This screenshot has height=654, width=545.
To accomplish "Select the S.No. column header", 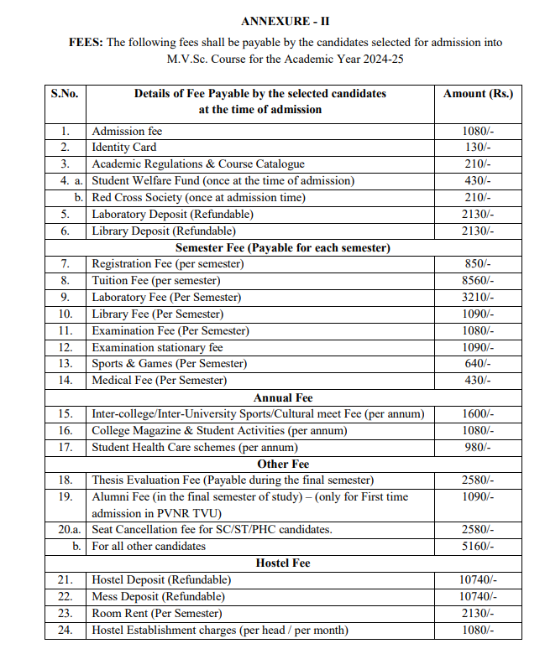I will [65, 94].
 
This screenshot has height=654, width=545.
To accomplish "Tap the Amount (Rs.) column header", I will [478, 94].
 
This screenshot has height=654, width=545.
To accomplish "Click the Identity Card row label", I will [123, 148].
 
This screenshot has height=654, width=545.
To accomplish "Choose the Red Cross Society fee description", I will [198, 198].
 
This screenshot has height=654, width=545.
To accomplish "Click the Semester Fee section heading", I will [283, 247].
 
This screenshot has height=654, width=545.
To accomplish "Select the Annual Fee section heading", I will [283, 397].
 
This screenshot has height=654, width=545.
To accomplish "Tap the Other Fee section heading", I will [283, 464].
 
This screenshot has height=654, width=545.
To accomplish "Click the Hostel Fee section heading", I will [283, 563].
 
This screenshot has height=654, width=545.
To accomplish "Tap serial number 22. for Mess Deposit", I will [65, 597].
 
